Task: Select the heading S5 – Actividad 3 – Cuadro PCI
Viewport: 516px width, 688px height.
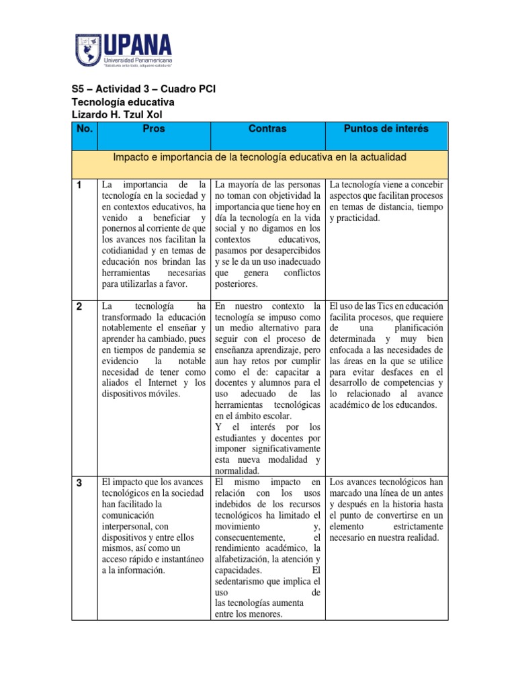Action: (143, 89)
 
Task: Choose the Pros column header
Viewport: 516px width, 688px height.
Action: (153, 129)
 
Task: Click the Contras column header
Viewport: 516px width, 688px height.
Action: (267, 129)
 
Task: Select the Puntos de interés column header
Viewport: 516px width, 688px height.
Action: (386, 129)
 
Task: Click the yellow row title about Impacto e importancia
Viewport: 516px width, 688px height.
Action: (259, 157)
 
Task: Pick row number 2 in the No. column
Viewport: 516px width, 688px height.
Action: (79, 306)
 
